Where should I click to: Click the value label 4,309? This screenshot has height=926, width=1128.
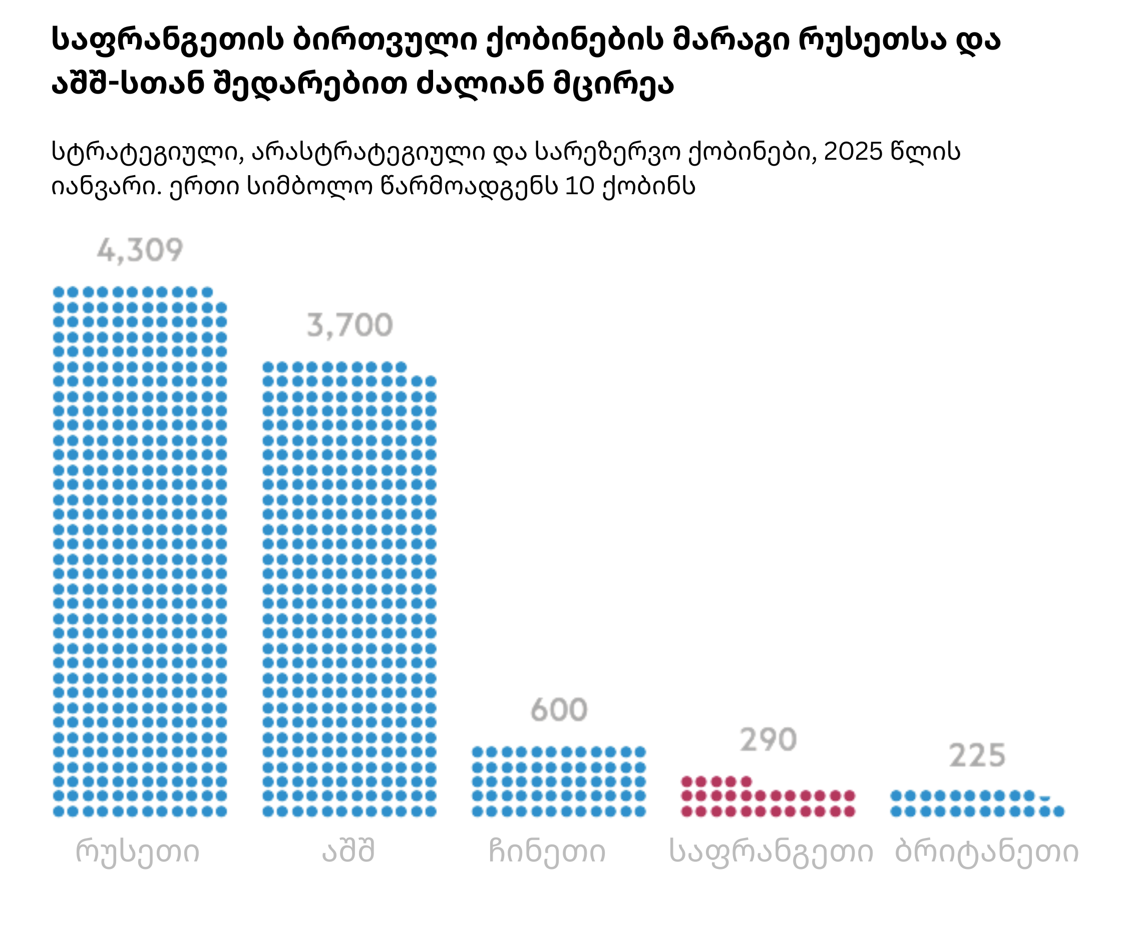point(140,250)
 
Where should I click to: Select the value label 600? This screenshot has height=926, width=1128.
point(559,709)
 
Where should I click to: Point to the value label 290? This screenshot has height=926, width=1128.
point(768,740)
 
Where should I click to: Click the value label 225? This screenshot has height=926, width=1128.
point(977,755)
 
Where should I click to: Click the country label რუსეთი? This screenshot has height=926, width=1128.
point(138,851)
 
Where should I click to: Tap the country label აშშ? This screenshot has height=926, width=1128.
point(348,850)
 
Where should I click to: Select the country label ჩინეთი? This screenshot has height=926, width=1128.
point(547,851)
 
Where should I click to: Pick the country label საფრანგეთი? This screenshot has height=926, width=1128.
point(771,852)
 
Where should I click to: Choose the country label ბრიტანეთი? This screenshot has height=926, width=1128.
point(987,851)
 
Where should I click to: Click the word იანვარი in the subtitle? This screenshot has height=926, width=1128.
point(106,186)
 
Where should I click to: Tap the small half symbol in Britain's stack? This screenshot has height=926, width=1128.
point(1045,798)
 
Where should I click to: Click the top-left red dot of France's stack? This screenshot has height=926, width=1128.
point(687,782)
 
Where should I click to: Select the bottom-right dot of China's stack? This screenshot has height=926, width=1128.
point(640,811)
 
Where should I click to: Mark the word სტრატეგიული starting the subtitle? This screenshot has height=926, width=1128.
point(144,153)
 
